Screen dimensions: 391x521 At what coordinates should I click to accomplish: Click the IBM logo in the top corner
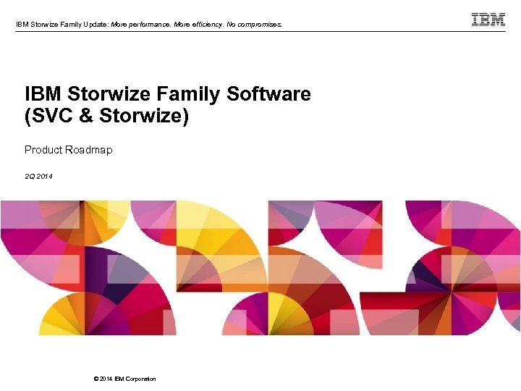click(488, 20)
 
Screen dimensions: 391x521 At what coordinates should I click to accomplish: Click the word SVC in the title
click(51, 116)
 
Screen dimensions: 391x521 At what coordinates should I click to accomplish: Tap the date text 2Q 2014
click(38, 176)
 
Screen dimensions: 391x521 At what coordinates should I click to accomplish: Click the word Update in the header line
click(94, 25)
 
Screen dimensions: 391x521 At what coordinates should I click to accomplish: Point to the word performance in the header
click(148, 25)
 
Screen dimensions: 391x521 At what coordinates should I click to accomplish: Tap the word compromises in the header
click(258, 25)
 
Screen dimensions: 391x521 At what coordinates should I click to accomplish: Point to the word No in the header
click(232, 25)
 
